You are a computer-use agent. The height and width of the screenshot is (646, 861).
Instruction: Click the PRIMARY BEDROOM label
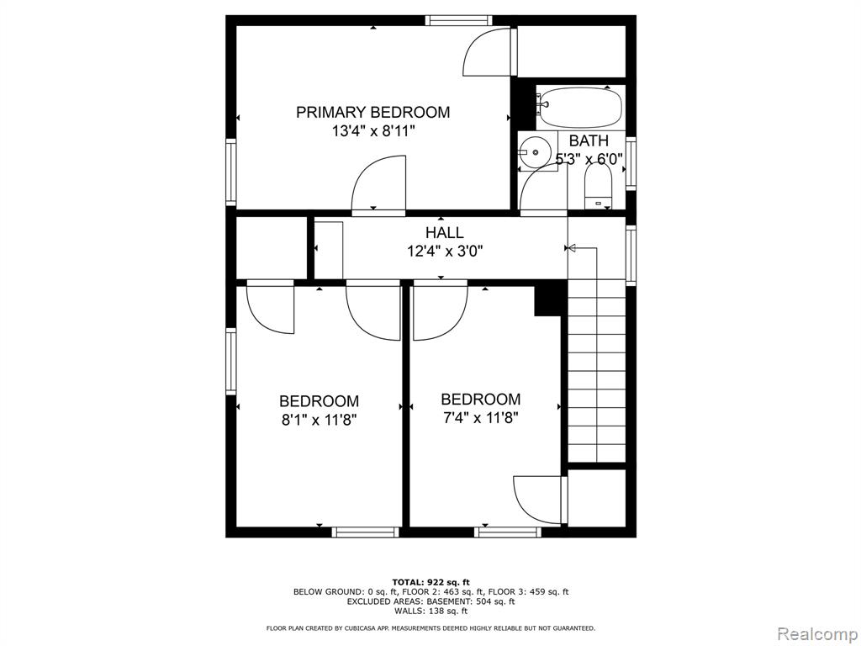tap(372, 112)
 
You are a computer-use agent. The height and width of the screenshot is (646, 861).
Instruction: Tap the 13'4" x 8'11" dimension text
tap(372, 131)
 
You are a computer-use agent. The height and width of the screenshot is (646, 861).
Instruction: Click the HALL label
tap(444, 232)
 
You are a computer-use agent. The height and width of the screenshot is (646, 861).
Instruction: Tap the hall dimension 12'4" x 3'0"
tap(445, 251)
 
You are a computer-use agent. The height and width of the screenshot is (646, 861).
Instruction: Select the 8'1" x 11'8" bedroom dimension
tap(319, 421)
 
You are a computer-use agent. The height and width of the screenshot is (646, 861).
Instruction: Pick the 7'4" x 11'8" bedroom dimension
tap(480, 418)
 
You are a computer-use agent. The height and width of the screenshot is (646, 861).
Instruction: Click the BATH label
tap(589, 140)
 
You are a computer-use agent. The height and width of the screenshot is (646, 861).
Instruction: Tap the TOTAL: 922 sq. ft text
tap(431, 582)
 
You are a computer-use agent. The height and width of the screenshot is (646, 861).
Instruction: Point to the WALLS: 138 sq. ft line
tap(431, 611)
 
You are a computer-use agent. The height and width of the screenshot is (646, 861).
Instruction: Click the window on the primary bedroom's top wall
tap(458, 20)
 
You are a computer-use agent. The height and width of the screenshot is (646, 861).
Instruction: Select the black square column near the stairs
tap(548, 300)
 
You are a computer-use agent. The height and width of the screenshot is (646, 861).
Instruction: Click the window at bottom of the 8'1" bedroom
tap(365, 532)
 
